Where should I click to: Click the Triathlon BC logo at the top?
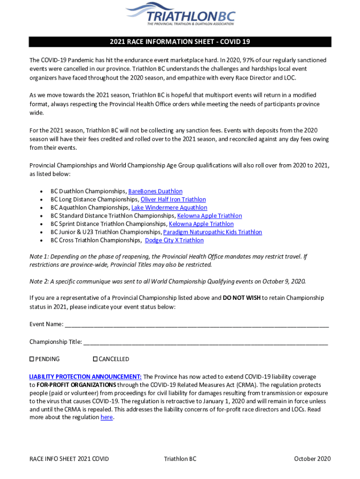tap(180, 14)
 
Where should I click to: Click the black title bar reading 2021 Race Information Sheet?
tap(180, 42)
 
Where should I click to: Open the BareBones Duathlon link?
tap(155, 191)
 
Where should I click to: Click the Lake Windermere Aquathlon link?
tap(169, 208)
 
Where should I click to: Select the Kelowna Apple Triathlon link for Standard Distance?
tap(209, 216)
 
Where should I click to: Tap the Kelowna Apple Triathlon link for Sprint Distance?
tap(201, 224)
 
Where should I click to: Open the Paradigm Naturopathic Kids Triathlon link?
tap(212, 232)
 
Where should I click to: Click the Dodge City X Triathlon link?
tap(174, 240)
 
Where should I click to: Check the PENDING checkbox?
tap(32, 359)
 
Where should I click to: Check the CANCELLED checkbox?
tap(95, 359)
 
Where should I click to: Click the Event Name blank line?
tap(196, 325)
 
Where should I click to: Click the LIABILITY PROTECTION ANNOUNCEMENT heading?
tap(85, 377)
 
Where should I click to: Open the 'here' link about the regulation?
tap(107, 417)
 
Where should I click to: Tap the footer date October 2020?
tap(312, 458)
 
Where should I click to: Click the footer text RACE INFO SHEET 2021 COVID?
tap(69, 458)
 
